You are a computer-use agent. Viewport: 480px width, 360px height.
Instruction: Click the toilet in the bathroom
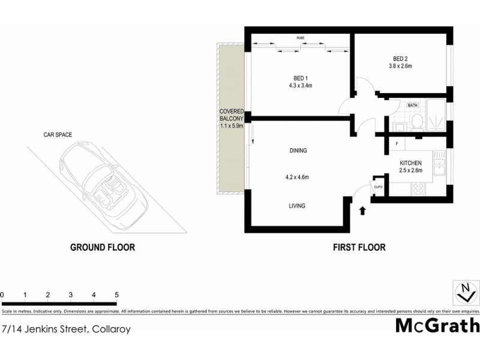416,123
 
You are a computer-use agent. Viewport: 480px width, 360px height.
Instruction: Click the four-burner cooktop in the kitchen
417,188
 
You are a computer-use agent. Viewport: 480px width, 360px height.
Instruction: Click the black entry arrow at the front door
362,210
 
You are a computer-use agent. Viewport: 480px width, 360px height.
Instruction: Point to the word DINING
298,151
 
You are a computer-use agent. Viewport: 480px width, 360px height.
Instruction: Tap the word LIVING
297,206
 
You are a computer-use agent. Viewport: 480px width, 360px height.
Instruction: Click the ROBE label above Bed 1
301,38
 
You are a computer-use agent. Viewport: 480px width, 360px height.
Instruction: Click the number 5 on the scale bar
116,295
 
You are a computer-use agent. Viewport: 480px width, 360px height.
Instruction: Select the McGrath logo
437,326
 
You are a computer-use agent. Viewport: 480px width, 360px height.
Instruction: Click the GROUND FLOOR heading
103,247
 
